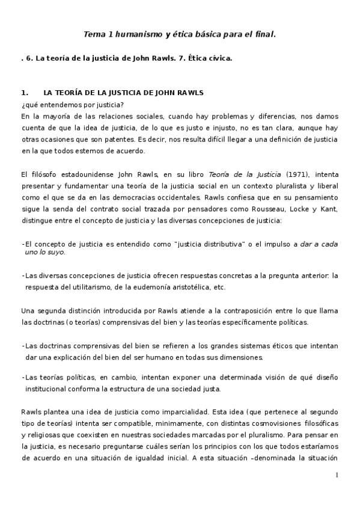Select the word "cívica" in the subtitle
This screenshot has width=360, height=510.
click(218, 58)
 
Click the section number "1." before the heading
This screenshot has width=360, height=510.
click(25, 93)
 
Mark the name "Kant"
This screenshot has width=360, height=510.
click(328, 209)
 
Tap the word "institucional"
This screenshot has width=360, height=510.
click(49, 388)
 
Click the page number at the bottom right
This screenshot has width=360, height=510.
click(337, 475)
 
